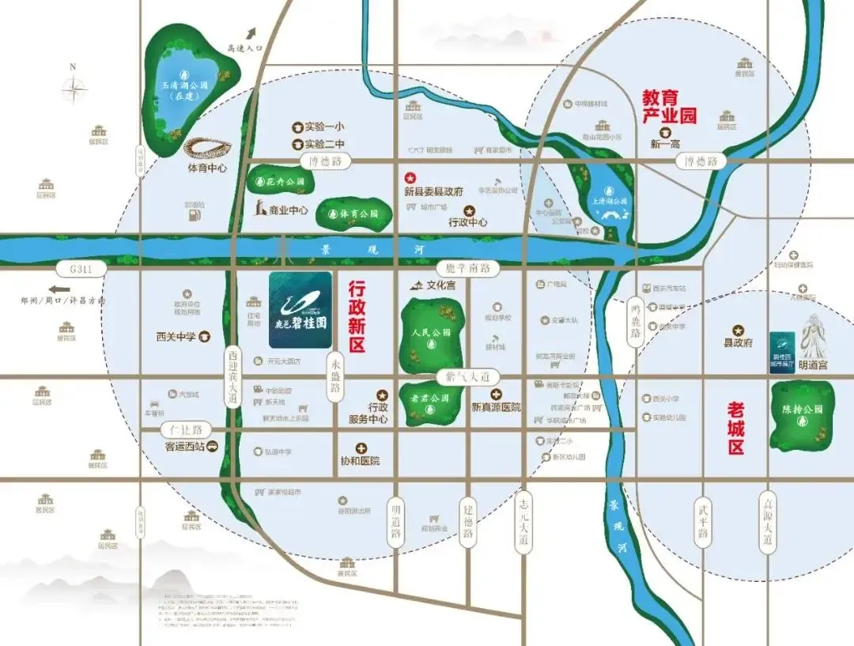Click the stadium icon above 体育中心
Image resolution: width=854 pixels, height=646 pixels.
(207, 148)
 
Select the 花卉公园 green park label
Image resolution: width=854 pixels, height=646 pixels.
(282, 182)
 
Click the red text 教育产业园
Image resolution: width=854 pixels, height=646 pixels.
(669, 107)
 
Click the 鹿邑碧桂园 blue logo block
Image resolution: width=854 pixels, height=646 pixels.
(300, 310)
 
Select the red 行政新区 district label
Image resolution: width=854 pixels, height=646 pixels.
(357, 318)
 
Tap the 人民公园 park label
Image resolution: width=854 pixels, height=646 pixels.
(431, 333)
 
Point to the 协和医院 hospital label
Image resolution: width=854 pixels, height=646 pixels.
(360, 460)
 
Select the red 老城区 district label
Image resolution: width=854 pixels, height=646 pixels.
(736, 428)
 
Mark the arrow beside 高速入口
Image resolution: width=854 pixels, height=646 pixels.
(252, 34)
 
